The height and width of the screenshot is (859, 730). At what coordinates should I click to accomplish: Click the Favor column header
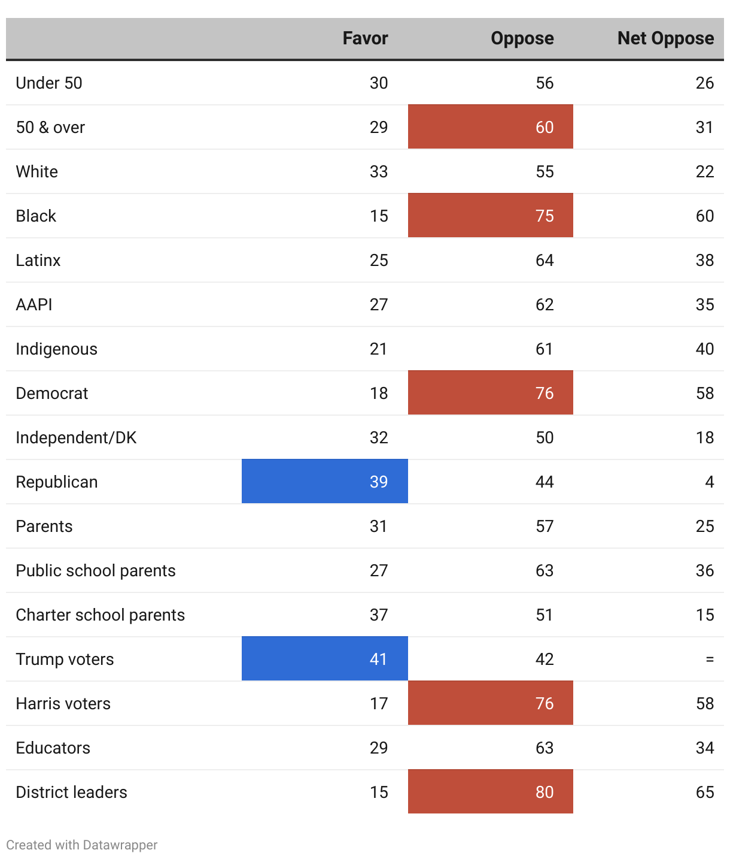pos(365,38)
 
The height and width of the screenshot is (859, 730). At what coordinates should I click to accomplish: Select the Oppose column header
pos(522,38)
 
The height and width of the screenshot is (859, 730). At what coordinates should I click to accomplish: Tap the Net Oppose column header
pos(665,38)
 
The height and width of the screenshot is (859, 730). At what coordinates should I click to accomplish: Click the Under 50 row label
pos(49,83)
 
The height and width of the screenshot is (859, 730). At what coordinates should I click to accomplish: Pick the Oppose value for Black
pos(545,216)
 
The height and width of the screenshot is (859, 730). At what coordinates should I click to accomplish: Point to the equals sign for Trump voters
pos(710,659)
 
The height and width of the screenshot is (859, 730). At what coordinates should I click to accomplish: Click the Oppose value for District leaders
pos(545,792)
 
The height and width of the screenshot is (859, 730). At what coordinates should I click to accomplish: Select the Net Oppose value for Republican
pos(710,482)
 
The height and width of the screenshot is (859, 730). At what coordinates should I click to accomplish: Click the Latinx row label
pos(38,260)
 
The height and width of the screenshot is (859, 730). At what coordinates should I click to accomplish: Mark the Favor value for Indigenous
pos(378,349)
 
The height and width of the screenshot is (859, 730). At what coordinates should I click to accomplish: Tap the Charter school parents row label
pos(100,615)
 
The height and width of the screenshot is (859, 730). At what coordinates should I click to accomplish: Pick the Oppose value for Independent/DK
pos(545,437)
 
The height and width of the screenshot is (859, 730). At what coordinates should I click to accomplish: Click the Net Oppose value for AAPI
pos(705,304)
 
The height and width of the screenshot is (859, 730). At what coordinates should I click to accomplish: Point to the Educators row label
pos(53,748)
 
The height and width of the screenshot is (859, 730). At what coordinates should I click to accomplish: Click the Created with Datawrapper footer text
pos(82,845)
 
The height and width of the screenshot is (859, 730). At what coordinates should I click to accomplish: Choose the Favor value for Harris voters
pos(378,703)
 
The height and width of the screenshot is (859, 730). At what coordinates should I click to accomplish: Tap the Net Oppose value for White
pos(705,171)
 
